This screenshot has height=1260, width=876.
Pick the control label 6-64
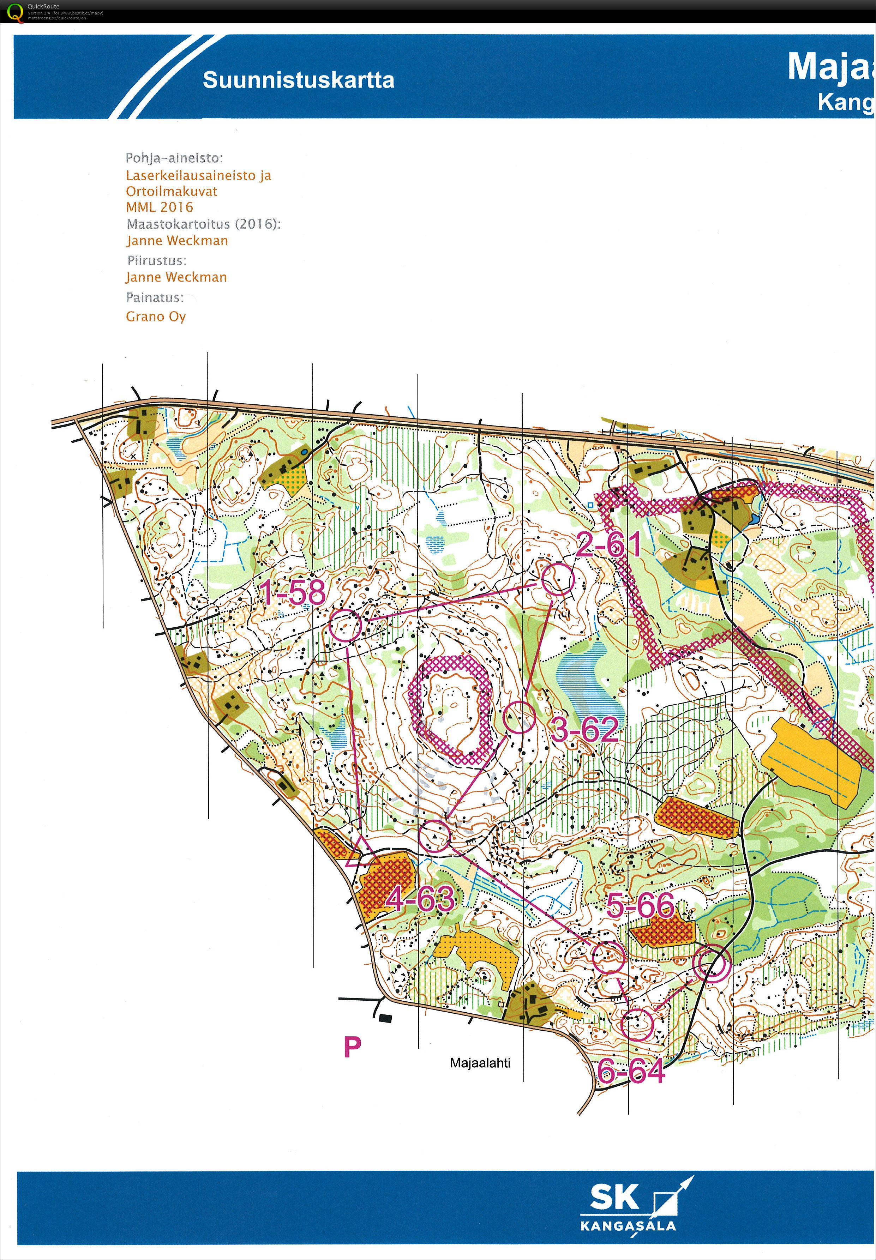(x=631, y=1071)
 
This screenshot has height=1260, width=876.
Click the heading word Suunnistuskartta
(x=299, y=80)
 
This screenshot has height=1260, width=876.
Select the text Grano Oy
(x=156, y=316)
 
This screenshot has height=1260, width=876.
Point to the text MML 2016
(x=160, y=207)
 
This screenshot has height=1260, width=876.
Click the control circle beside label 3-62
(x=519, y=717)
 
